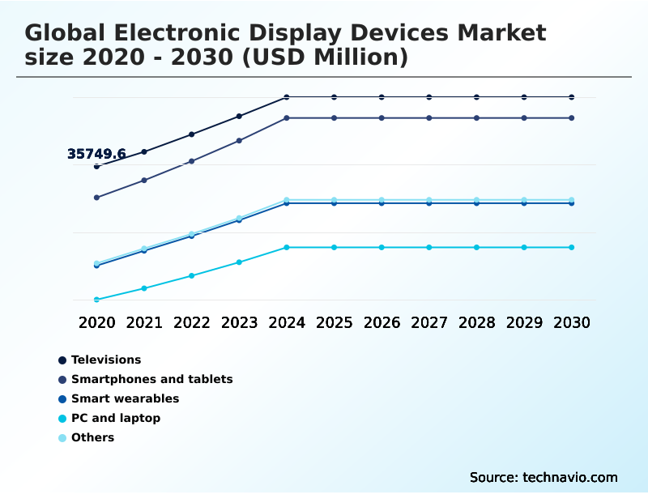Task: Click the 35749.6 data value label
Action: click(x=96, y=154)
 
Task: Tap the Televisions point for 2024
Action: click(x=287, y=97)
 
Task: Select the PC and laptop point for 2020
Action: click(x=97, y=300)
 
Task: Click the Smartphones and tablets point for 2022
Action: click(x=192, y=161)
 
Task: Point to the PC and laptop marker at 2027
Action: click(x=429, y=247)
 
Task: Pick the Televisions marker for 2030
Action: click(x=571, y=97)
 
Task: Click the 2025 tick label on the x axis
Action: click(x=334, y=322)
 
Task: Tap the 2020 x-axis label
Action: click(x=97, y=322)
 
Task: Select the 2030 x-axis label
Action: click(x=571, y=322)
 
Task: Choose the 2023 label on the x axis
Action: click(x=239, y=322)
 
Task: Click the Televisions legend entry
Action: click(x=106, y=360)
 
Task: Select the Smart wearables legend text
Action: click(x=125, y=398)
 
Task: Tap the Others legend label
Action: click(x=92, y=437)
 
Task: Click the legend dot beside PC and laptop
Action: click(x=62, y=419)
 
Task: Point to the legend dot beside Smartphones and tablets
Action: click(x=62, y=380)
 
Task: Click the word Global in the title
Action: click(x=66, y=33)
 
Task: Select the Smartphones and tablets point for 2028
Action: click(x=476, y=118)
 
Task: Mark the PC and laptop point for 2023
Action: click(x=239, y=262)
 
